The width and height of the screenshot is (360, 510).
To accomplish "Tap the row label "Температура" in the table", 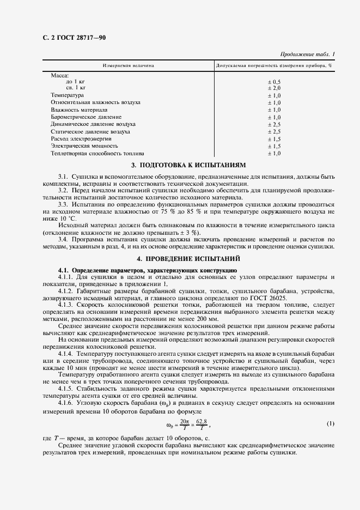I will coord(67,95).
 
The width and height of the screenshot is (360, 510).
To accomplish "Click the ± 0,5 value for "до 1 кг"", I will coord(273,81).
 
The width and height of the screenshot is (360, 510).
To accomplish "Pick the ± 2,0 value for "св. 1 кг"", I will coord(273,88).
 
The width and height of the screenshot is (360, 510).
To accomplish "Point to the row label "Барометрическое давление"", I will coord(86,117).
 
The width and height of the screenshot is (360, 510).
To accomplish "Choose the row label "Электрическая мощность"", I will coord(84,146).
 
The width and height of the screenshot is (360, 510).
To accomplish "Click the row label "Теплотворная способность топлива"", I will coord(97,153).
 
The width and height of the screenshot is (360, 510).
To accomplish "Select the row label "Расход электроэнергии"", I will coord(81,139).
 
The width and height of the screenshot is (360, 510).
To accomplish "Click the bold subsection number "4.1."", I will coord(64,270).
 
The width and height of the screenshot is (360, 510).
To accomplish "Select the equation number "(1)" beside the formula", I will coord(330,423).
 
